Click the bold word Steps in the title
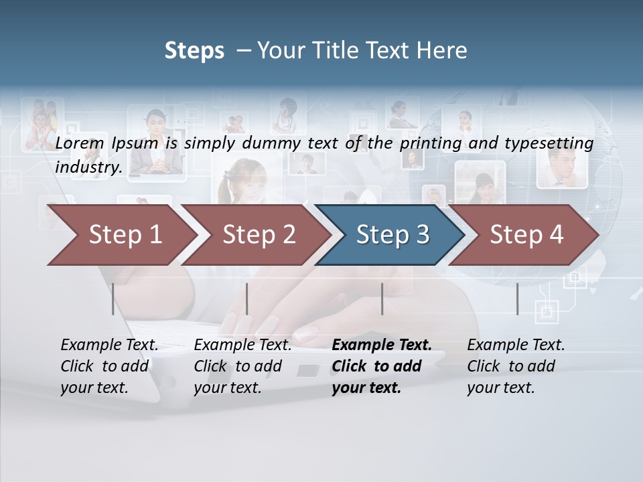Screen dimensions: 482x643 pos(194,51)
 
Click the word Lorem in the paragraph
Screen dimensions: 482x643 pos(80,143)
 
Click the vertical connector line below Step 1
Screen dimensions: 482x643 pos(113,299)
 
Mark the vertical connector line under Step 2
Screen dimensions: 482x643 pos(247,299)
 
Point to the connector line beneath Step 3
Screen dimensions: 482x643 pos(382,299)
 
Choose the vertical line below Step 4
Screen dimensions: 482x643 pos(517,299)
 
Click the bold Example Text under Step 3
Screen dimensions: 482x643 pos(382,345)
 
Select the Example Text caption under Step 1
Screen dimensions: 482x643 pos(109,345)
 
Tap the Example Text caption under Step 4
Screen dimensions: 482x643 pos(516,345)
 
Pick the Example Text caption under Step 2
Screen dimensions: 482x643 pos(242,345)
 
